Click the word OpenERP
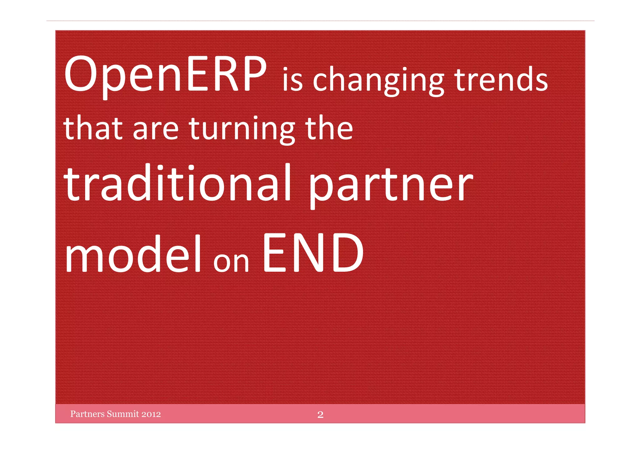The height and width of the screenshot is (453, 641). [165, 75]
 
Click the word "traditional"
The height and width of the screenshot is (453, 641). [178, 183]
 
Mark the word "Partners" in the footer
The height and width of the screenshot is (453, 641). [87, 414]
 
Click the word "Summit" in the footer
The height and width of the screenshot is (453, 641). [123, 414]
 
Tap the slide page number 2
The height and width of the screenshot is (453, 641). [320, 414]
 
